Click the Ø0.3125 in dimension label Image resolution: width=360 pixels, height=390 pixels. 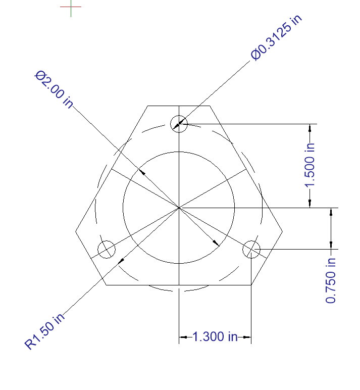tap(277, 37)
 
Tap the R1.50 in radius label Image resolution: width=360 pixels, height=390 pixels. tap(44, 331)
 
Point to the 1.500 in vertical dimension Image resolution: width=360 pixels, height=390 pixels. tap(310, 165)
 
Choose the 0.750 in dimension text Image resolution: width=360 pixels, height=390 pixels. tap(331, 280)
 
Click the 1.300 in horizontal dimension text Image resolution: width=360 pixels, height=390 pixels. tap(215, 336)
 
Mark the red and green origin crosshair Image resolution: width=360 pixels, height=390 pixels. tap(71, 7)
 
